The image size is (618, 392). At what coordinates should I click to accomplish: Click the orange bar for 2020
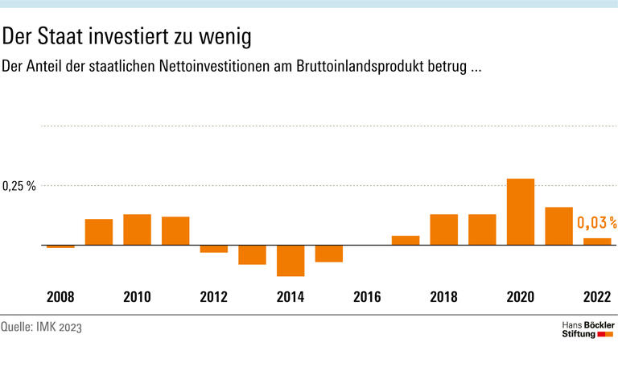pos(521,212)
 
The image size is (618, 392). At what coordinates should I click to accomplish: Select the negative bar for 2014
pos(290,260)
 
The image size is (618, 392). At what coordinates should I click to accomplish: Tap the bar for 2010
pos(137,229)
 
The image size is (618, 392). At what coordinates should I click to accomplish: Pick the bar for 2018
pos(444,229)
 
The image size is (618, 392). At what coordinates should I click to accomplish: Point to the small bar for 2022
pos(597,241)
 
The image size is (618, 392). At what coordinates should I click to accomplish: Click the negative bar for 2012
pos(214,249)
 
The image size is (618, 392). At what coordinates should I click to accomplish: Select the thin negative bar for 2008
pos(60,246)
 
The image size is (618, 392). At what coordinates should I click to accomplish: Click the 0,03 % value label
pos(596,222)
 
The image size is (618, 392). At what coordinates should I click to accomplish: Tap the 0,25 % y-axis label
pos(19,187)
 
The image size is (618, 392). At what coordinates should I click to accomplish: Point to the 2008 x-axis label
pos(60,297)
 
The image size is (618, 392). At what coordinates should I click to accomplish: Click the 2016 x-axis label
pos(367,297)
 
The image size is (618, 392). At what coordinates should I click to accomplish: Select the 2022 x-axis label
pos(597,297)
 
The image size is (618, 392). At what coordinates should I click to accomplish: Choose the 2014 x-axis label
pos(290,297)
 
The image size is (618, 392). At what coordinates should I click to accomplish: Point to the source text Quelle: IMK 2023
pos(42,327)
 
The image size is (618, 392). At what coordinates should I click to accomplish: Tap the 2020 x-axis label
pos(521,297)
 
